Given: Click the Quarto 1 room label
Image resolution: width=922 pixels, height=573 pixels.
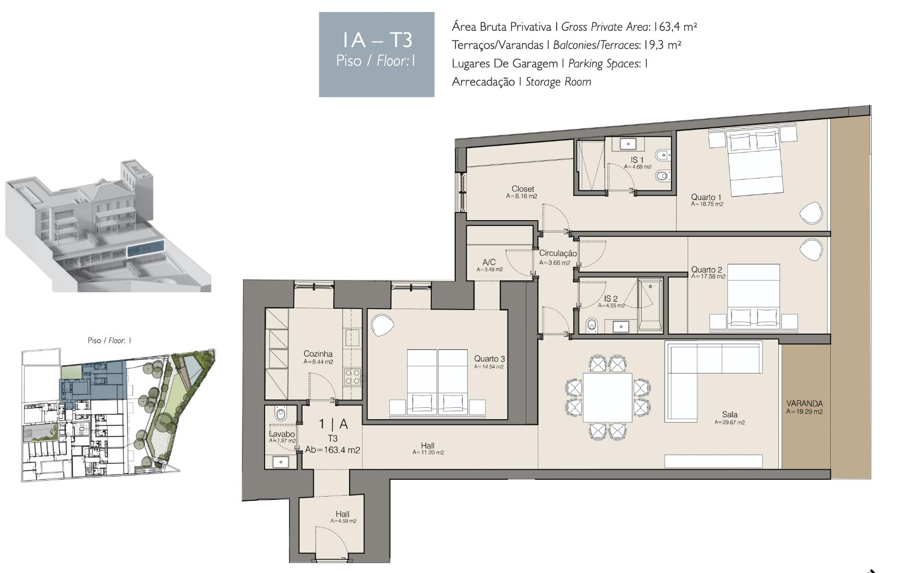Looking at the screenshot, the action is click(x=706, y=197).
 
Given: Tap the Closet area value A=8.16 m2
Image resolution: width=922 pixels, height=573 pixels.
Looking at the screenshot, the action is click(x=522, y=196).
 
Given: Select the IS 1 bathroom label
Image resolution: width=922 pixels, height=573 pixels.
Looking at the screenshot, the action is click(x=637, y=160).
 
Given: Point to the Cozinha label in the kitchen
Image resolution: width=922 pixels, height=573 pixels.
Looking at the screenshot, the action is click(x=318, y=354).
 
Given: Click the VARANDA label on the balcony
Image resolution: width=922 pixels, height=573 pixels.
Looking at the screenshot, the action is click(x=804, y=404).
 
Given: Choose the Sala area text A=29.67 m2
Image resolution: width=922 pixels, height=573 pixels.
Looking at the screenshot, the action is click(x=729, y=423).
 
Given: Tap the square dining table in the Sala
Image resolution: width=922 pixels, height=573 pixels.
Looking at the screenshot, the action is click(x=607, y=398).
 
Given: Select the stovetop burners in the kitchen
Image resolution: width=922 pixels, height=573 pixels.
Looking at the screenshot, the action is click(x=352, y=376).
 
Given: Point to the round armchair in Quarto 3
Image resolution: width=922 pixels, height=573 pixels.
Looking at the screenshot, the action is click(x=383, y=325).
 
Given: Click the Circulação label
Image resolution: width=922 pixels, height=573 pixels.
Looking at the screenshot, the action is click(x=558, y=253).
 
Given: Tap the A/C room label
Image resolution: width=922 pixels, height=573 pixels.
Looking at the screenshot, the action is click(x=489, y=262).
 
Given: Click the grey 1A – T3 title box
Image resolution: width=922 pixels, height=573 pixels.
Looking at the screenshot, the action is click(x=376, y=55).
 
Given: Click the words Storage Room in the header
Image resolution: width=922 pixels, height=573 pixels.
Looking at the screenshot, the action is click(x=558, y=82).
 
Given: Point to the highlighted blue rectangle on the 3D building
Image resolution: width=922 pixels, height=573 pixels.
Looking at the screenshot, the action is click(x=146, y=248).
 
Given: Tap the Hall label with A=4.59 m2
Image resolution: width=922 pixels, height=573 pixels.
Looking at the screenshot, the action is click(x=342, y=514).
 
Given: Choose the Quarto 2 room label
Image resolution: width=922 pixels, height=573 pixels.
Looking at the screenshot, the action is click(x=706, y=270).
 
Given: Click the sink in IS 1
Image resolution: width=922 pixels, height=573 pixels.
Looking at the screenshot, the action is click(x=628, y=143).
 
